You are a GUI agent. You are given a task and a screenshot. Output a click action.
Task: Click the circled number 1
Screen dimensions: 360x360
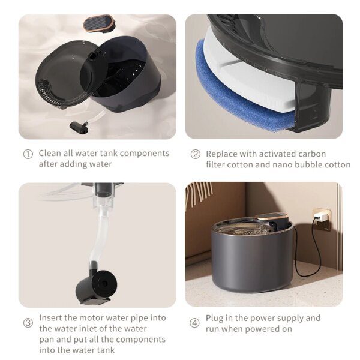[x=28, y=154]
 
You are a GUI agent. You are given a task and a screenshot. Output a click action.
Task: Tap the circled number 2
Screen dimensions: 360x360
[x=195, y=154]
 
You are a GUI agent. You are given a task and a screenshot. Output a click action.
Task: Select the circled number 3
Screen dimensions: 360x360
[x=28, y=323]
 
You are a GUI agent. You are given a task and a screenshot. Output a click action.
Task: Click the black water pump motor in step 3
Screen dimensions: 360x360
[x=96, y=282]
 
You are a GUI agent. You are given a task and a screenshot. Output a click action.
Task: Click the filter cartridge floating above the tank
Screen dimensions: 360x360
[x=99, y=24]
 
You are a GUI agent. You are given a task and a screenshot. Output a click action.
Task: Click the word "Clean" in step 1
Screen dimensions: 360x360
[x=51, y=154]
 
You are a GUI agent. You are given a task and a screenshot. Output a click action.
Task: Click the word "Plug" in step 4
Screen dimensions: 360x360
[x=216, y=318]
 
